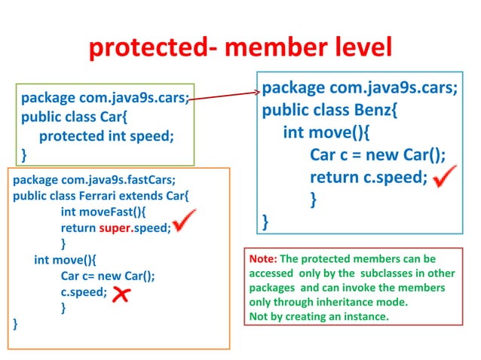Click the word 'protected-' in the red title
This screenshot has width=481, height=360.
pyautogui.click(x=152, y=48)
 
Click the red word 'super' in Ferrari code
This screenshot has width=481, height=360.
pyautogui.click(x=115, y=228)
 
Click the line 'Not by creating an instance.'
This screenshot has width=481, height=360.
pyautogui.click(x=319, y=316)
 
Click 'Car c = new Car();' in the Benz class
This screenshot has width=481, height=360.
pyautogui.click(x=377, y=156)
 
